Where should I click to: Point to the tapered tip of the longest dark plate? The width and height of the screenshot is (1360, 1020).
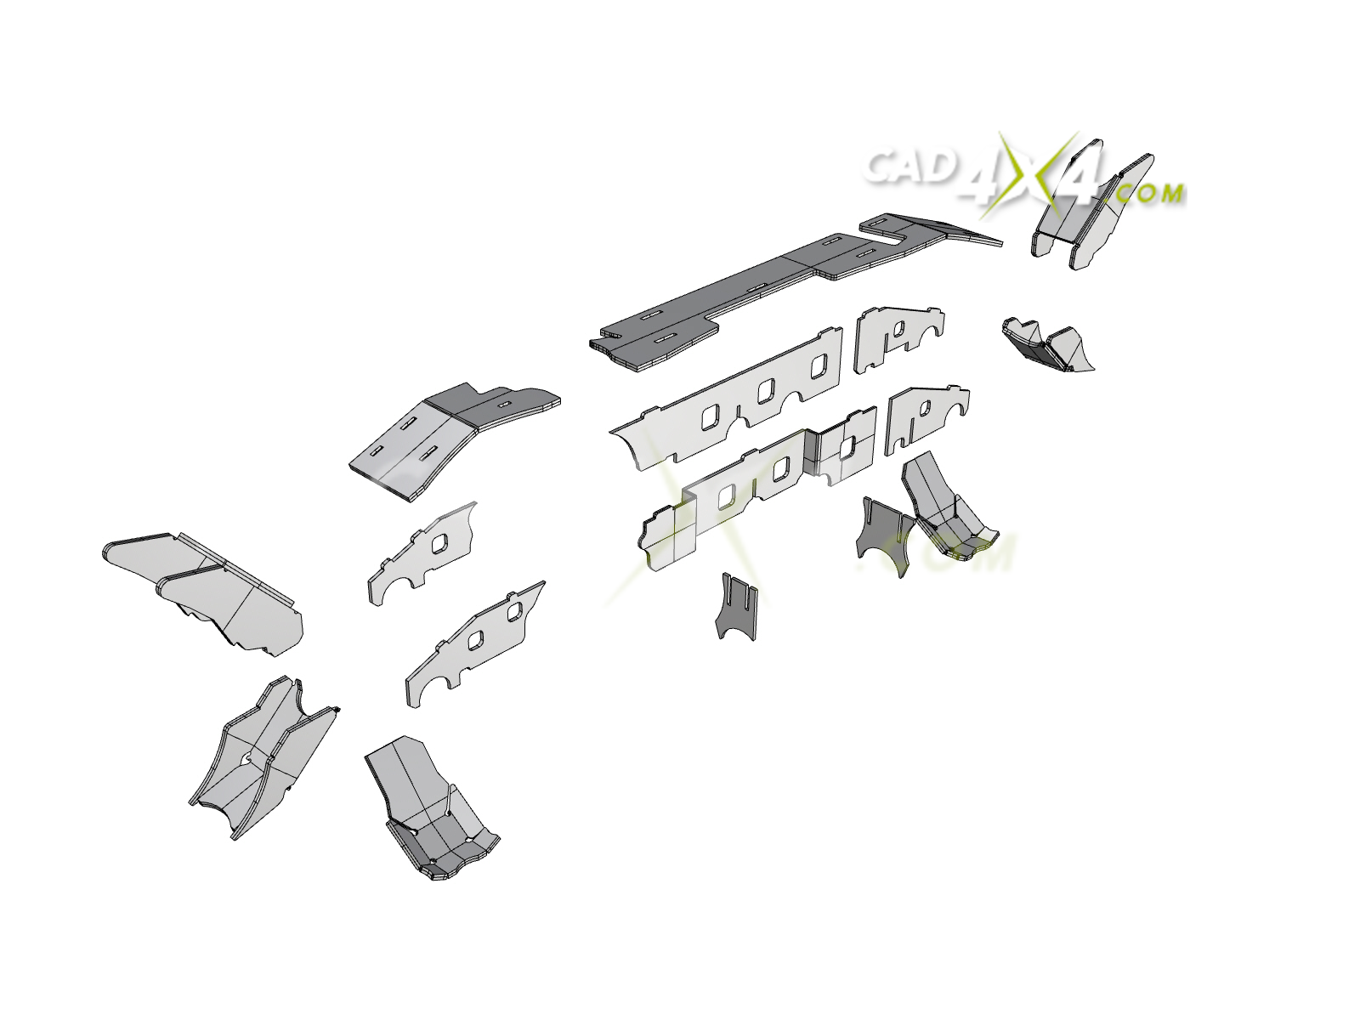pos(1000,243)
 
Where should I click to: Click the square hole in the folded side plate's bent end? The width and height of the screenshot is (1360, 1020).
pos(847,447)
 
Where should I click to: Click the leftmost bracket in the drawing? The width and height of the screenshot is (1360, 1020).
pos(202,593)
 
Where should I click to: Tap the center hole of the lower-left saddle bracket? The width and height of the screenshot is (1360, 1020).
pos(248,756)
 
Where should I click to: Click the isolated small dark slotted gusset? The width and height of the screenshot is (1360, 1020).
pos(736,607)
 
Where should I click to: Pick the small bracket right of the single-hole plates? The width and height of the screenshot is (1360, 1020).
pos(1047,346)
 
